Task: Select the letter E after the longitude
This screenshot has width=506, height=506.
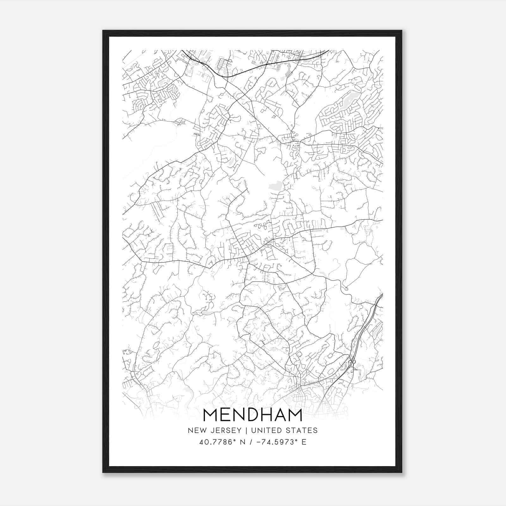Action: tap(304, 442)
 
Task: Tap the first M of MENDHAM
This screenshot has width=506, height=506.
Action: tap(211, 415)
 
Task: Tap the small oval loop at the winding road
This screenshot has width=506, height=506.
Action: tap(346, 288)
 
